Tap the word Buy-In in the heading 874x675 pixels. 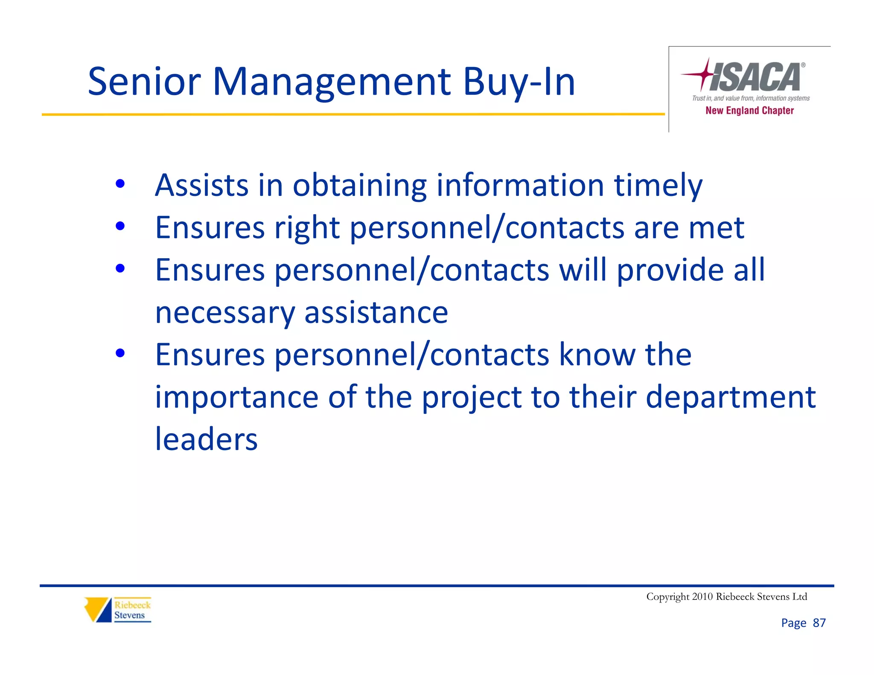click(x=519, y=82)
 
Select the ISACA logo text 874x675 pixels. click(x=755, y=77)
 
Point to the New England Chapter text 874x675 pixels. click(x=749, y=111)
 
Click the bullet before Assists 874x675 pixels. click(x=120, y=184)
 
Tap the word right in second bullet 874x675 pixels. click(x=307, y=228)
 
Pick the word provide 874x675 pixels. click(x=670, y=271)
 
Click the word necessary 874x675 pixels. click(x=225, y=313)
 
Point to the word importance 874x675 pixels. click(x=236, y=397)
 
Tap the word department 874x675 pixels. click(x=731, y=397)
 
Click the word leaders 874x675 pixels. click(x=206, y=439)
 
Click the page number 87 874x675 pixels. click(x=819, y=623)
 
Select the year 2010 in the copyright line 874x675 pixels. click(x=702, y=596)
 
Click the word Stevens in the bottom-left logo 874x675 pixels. click(x=129, y=615)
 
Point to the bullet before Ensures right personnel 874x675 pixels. click(x=120, y=226)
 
